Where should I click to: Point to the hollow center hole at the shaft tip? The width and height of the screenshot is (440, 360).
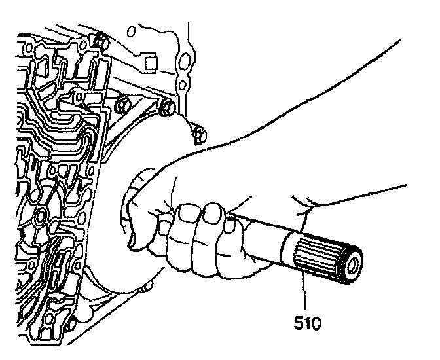coord(352,266)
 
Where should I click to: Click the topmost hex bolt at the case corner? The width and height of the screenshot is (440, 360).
coord(100,41)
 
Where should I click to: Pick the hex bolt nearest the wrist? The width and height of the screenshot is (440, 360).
coord(200,135)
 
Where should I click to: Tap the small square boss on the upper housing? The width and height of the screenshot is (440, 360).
coord(151,63)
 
